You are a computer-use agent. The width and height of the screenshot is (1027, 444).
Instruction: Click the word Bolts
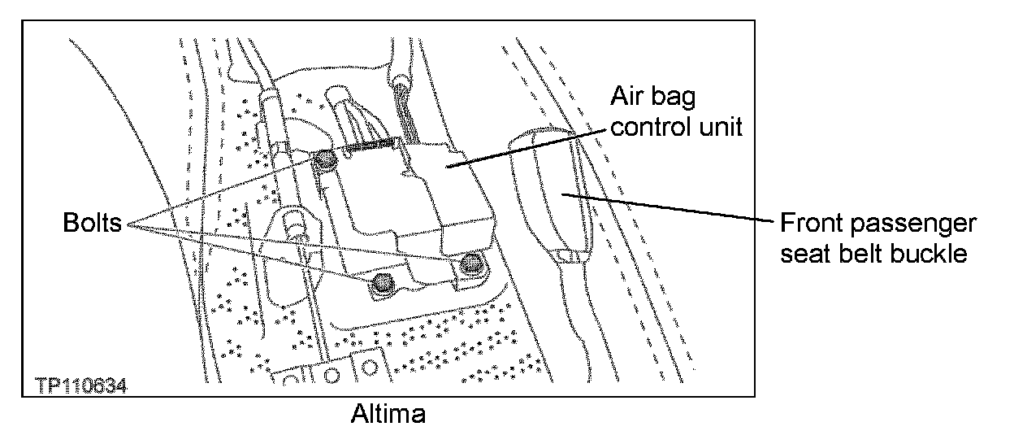coord(92,223)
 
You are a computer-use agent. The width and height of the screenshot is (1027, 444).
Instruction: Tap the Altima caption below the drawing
coord(388,414)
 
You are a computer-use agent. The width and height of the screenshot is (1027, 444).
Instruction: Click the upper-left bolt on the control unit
coord(325,162)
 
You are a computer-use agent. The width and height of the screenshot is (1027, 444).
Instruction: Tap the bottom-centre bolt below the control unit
coord(380,282)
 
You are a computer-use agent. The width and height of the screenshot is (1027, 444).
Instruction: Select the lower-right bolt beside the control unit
coord(469,263)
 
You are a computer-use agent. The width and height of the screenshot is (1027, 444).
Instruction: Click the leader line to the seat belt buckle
coord(666,208)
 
